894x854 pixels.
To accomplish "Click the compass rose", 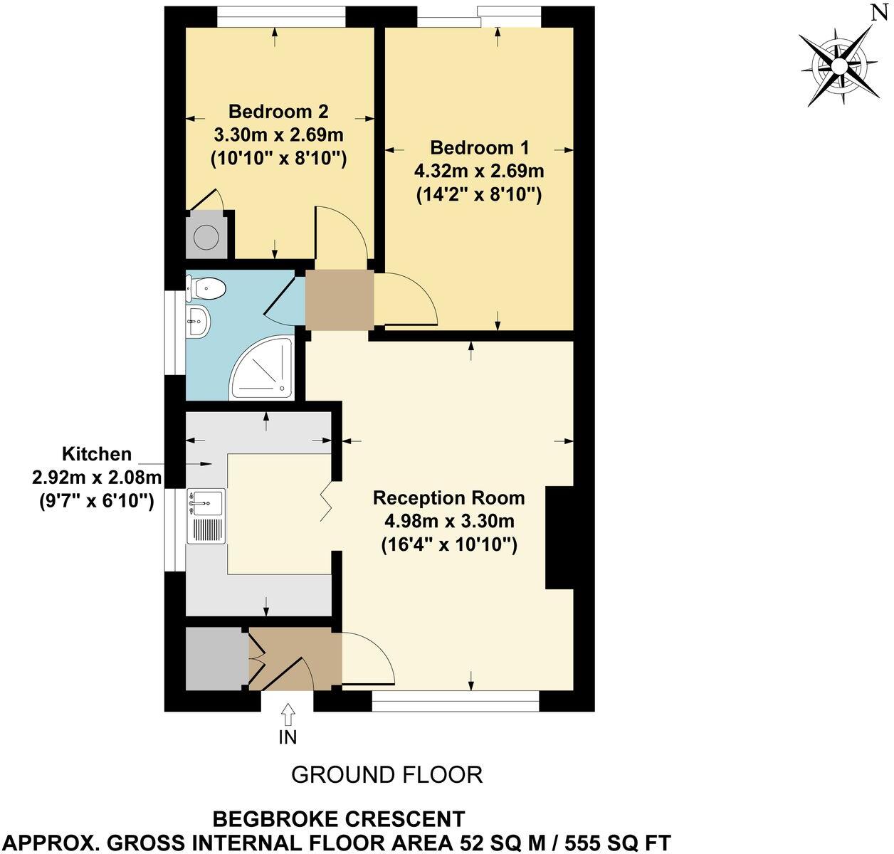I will [839, 65].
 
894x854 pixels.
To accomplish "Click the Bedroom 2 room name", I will [278, 112].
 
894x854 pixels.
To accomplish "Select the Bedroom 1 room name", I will [480, 148].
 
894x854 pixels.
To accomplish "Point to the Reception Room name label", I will [448, 497].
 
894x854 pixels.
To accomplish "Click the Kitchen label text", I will [97, 454].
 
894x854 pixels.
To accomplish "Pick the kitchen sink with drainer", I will [206, 517].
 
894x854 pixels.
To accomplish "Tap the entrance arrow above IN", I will [288, 713].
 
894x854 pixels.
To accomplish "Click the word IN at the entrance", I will [288, 737].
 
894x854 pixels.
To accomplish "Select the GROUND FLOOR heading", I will [386, 774].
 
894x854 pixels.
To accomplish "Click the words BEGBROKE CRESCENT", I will [339, 819].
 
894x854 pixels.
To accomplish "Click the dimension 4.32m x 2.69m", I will [479, 172].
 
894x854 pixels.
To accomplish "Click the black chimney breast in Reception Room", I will [559, 537].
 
